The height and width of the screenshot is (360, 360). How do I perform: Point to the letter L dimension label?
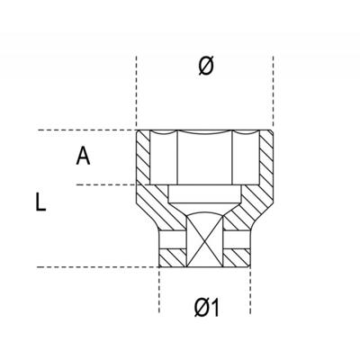coord(40,202)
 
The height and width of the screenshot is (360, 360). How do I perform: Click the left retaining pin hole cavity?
coord(171,240)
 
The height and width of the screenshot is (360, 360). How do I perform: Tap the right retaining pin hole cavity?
coord(239,240)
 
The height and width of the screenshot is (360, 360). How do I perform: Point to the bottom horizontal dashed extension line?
coord(90,267)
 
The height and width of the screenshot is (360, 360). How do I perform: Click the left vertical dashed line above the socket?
coord(137,90)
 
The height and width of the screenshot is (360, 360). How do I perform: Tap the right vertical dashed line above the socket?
coord(274,90)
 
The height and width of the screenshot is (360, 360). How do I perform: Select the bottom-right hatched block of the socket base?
coord(239,257)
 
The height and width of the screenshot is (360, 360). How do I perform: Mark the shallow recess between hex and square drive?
coord(205,194)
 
